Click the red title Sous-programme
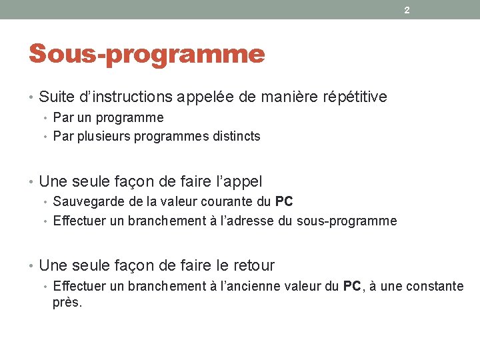[x=147, y=53]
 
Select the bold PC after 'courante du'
[x=284, y=201]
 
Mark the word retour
[x=253, y=265]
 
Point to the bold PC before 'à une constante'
[x=352, y=286]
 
